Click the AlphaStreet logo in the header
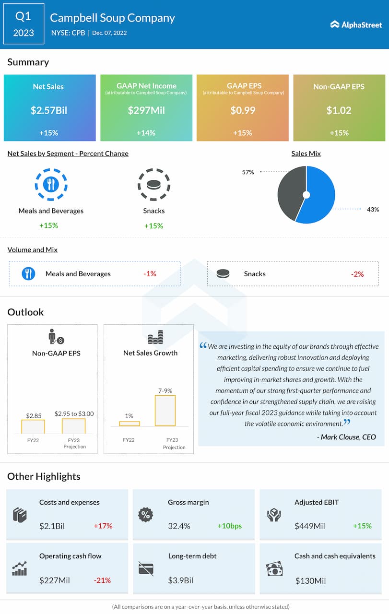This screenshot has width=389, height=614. [x=356, y=24]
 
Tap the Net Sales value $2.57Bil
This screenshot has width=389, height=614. [x=49, y=110]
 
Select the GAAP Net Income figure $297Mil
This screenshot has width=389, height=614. [x=146, y=110]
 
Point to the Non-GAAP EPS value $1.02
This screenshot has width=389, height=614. [x=339, y=110]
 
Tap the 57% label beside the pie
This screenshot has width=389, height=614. [x=248, y=172]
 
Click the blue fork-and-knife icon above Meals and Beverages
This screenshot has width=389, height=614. [x=51, y=185]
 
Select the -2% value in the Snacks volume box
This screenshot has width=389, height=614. [x=357, y=274]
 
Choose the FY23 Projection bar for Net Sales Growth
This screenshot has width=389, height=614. [x=165, y=411]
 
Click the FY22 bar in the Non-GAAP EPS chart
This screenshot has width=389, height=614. [x=33, y=426]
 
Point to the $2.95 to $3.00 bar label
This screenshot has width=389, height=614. [x=74, y=413]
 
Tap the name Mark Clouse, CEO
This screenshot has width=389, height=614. [x=346, y=437]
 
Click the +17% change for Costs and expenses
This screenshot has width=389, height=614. [x=103, y=526]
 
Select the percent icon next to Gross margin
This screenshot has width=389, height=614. [x=145, y=515]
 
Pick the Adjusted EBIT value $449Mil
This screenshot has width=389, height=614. [x=310, y=526]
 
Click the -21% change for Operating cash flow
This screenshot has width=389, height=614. [x=102, y=580]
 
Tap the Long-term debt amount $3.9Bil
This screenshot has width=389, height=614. [x=181, y=580]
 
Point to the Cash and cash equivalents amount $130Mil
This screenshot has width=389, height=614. [x=310, y=581]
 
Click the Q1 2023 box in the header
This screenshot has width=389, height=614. [x=23, y=24]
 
